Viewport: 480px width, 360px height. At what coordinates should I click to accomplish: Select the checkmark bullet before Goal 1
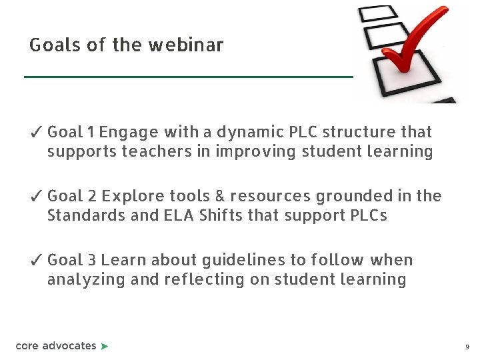pos(37,133)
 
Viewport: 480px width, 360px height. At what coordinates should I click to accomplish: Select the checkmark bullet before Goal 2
pos(37,197)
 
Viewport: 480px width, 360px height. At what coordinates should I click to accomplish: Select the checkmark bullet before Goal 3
pos(37,261)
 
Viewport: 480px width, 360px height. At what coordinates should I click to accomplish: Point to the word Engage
pos(129,133)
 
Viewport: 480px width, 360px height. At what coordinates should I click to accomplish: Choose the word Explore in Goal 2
pos(129,196)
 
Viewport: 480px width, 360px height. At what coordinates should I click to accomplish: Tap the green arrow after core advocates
pos(104,346)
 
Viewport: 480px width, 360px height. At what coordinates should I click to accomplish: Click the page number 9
pos(467,347)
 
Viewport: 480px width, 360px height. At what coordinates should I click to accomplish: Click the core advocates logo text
pos(56,346)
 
